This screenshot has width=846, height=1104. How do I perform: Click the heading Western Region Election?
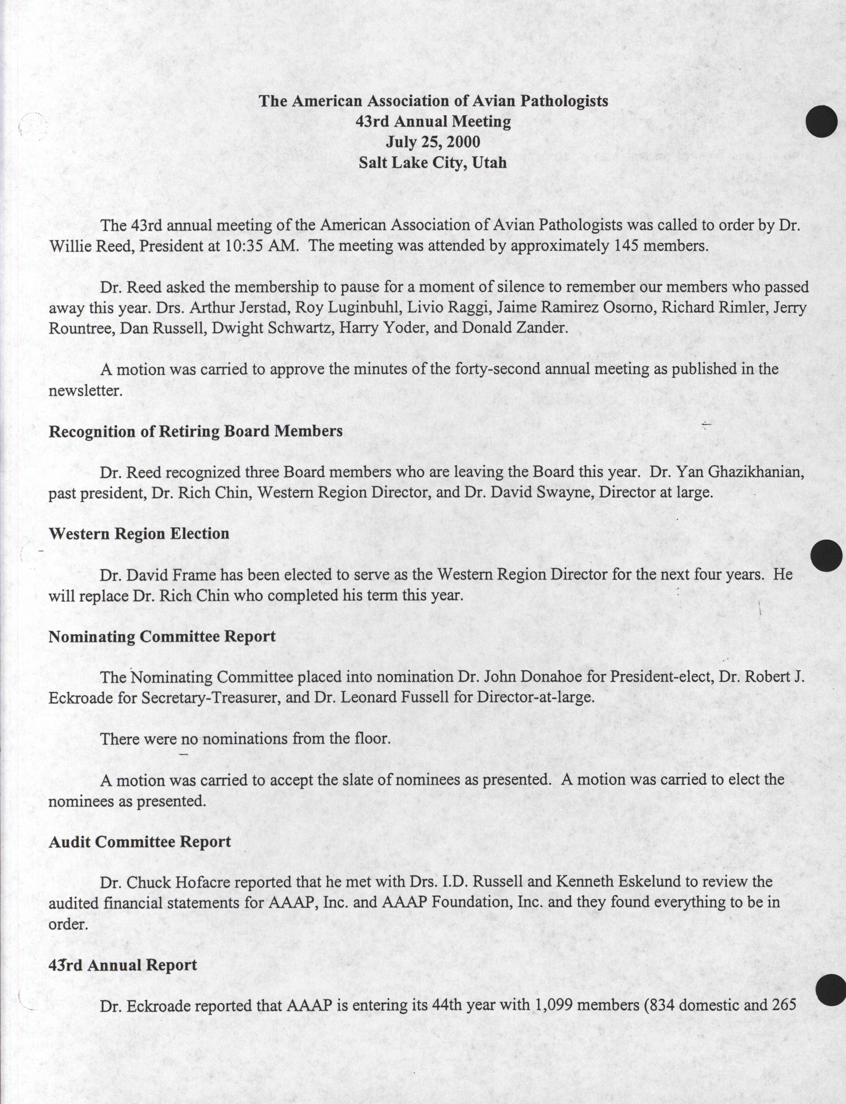pyautogui.click(x=139, y=534)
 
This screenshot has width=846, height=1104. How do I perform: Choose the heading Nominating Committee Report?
pyautogui.click(x=162, y=637)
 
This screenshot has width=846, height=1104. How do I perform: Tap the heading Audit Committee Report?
pyautogui.click(x=140, y=842)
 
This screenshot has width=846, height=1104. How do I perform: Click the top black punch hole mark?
pyautogui.click(x=821, y=121)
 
